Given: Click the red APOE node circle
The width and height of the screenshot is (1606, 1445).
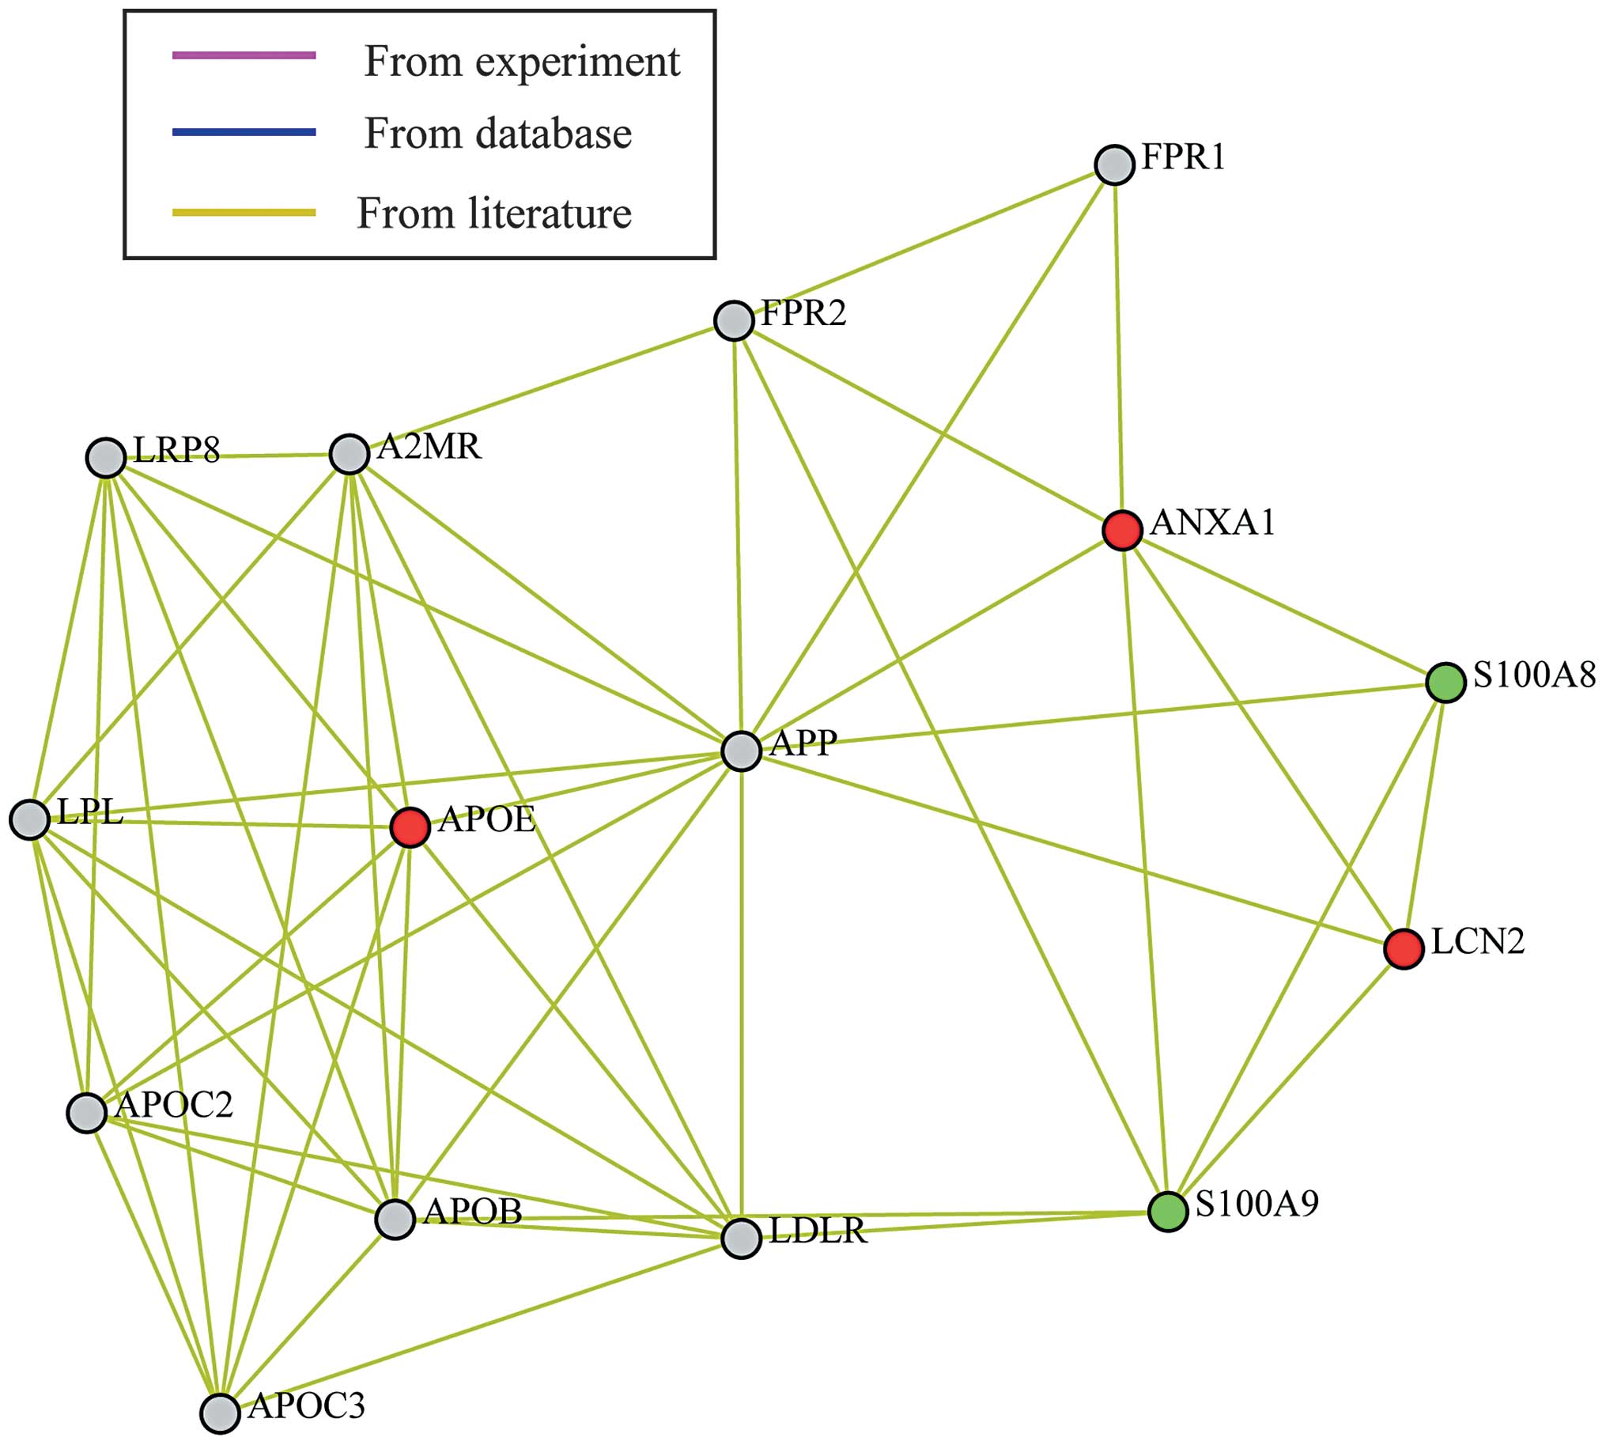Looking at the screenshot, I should coord(410,827).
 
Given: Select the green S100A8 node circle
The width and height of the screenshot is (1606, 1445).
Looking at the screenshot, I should coord(1445,683).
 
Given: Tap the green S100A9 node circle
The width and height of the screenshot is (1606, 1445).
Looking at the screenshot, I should coord(1168,1212).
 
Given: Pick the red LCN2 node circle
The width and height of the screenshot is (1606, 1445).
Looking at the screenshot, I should coord(1404,949).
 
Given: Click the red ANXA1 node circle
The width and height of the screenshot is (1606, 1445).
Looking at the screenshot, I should coord(1123,531).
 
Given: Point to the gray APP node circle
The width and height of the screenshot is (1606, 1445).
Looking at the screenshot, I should coord(742,751).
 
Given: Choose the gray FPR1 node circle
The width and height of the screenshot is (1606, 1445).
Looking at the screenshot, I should coord(1115,165).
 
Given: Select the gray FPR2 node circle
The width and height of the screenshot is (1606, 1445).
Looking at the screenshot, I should coord(734,321).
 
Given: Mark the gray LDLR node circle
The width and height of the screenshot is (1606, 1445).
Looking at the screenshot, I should coord(742,1238).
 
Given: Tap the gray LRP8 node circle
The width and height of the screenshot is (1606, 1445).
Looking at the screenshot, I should coord(106,458).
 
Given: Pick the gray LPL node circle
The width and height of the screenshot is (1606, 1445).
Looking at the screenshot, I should coord(29,819).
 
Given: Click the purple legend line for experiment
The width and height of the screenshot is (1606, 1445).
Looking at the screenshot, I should coord(244,55).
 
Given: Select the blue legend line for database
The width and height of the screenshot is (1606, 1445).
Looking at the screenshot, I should coord(244,132).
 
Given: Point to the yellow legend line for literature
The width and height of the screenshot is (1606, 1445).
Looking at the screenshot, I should coord(244,212).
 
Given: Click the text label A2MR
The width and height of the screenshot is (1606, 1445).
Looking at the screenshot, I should coord(429,447).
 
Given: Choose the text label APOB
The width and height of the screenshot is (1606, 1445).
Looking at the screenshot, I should coord(473,1211).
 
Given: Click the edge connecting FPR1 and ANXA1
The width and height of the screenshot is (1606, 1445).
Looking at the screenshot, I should coord(1119,350).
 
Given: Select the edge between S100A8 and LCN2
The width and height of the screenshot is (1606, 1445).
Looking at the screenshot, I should coord(1425,815).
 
